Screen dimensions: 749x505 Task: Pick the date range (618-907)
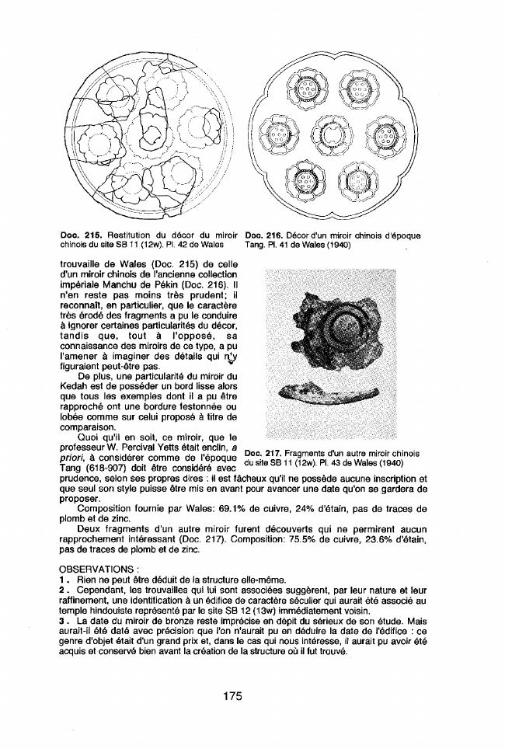[x=110, y=467]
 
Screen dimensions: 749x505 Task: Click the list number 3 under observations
[x=62, y=622]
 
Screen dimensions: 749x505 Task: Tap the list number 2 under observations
[x=62, y=590]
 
